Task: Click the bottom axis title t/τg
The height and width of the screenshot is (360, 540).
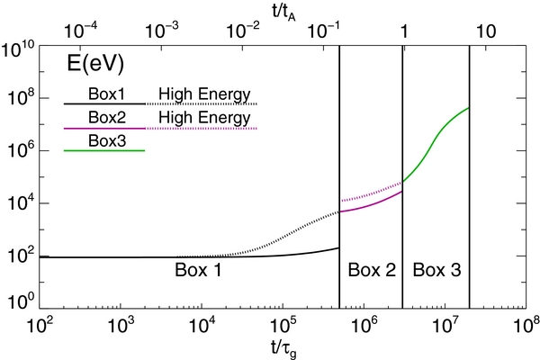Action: tap(284, 346)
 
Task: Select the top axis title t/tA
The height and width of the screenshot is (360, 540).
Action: tap(284, 10)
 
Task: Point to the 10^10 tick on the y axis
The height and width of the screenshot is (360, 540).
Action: tap(21, 48)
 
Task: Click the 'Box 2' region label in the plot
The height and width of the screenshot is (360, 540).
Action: tap(371, 269)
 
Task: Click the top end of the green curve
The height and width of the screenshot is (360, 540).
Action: tap(469, 108)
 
